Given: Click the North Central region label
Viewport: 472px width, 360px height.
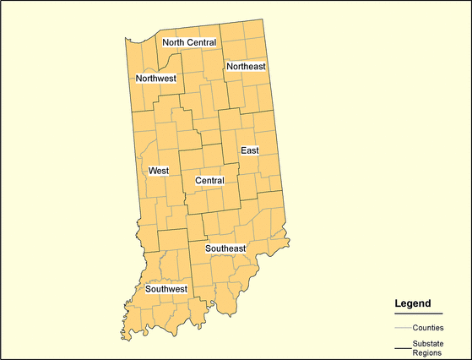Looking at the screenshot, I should tap(189, 42).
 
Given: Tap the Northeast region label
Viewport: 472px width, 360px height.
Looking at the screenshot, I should tap(246, 66).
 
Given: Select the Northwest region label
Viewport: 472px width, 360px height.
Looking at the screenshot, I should tap(156, 79).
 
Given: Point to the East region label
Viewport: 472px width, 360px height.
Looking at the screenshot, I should tap(249, 150).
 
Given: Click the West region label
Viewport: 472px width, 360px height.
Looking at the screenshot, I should tap(159, 171).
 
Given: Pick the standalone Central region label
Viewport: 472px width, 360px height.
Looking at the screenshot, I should tap(209, 181).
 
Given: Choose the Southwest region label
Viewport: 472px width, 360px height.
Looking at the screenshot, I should tap(165, 289).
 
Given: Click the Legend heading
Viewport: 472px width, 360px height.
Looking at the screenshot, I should tap(413, 303).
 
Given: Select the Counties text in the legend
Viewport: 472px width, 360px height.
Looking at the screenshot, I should tap(428, 327).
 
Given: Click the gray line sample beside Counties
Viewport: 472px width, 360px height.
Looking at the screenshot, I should tap(403, 327).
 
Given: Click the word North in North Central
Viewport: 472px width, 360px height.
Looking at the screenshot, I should tap(175, 42).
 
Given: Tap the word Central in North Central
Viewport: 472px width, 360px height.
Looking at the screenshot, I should tap(203, 42).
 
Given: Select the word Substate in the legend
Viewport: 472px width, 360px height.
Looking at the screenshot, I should tap(429, 343).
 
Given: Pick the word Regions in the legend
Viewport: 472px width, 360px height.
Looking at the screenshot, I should tap(427, 353).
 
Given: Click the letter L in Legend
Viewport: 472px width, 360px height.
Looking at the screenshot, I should tap(398, 303).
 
